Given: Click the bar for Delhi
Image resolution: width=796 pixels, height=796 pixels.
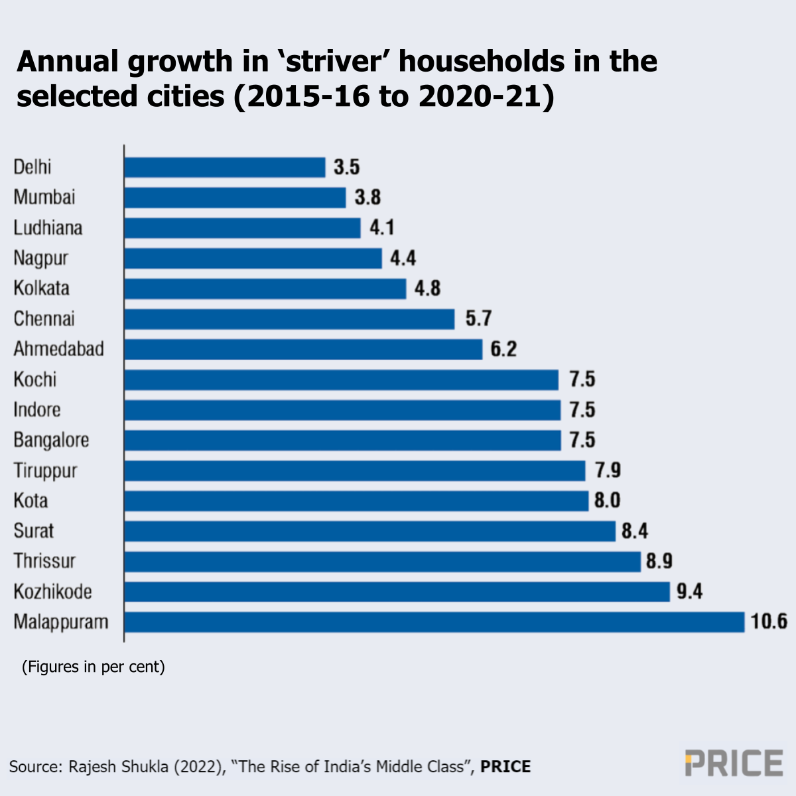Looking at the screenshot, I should coord(225,167).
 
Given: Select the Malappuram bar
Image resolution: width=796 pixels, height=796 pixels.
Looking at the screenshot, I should coord(434,622).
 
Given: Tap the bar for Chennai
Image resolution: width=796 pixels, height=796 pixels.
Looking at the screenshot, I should coord(289,319).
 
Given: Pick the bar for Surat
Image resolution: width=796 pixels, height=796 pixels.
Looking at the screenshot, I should coord(369,531).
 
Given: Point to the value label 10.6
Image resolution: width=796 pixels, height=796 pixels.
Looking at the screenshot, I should coord(769,622).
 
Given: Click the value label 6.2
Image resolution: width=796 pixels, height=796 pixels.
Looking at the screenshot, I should coord(503,349).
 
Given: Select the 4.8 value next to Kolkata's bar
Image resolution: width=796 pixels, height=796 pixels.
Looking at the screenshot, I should coord(427,289).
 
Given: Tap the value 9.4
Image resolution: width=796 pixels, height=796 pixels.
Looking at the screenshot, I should coord(689,592).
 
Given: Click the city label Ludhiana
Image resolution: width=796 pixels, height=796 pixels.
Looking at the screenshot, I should coord(48,228).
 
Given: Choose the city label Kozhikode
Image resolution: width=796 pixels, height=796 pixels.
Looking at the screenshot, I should coord(52,592).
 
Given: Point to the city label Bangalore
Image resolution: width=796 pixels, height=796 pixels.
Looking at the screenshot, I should coord(51,440).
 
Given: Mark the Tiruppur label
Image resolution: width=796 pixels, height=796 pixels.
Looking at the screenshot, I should coord(45,471).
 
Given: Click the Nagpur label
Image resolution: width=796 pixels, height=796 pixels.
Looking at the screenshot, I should coord(40,259).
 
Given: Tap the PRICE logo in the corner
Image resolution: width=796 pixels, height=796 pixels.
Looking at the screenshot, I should coord(734,763).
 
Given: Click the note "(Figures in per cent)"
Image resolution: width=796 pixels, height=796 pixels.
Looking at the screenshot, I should coord(93,667).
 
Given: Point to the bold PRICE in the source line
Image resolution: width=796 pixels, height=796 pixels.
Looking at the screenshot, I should coord(505,767).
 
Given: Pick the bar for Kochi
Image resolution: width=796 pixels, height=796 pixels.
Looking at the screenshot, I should coord(341,380).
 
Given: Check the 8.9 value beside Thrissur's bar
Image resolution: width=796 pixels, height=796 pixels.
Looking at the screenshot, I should coord(659,562).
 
